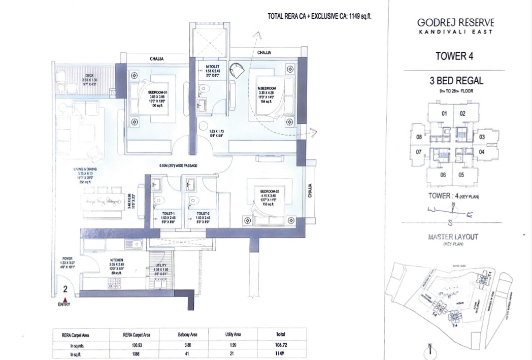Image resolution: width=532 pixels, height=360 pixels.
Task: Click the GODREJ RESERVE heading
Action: pos(455,22)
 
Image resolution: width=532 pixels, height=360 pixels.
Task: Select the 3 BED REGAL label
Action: pos(455,80)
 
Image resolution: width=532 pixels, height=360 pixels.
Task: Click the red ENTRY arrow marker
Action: pos(65,300)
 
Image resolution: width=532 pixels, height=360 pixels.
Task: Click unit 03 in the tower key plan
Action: pos(482,137)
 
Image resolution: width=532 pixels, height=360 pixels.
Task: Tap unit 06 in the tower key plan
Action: pos(443,175)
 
